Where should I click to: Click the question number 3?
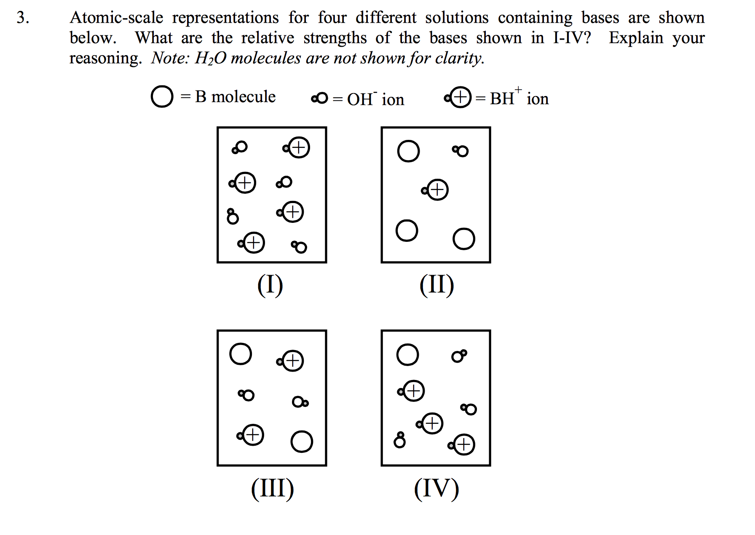point(23,18)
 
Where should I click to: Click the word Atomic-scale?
point(116,18)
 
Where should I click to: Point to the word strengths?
point(335,38)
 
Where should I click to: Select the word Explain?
point(636,38)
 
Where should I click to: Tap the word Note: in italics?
point(170,58)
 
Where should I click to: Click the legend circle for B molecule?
point(162,96)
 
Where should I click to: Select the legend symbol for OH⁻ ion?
point(319,98)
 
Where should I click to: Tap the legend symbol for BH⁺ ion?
point(458,98)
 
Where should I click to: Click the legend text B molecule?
point(235,97)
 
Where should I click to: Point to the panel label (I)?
point(270,285)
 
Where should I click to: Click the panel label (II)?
point(436,285)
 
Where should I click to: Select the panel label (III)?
point(272,489)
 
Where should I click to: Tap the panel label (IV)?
point(436,489)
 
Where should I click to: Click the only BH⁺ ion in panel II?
point(436,190)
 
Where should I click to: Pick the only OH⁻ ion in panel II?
point(460,151)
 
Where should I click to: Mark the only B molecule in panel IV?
point(407,355)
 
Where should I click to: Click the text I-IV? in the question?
point(572,38)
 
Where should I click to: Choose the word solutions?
point(456,18)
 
